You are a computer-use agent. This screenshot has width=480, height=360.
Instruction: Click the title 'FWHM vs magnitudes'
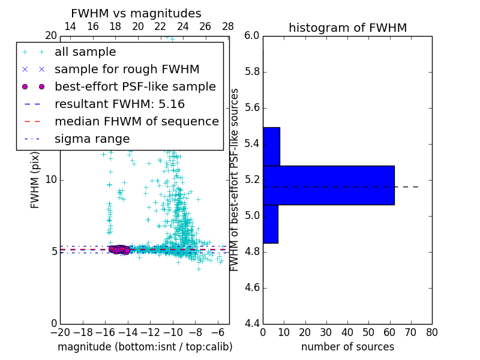pyautogui.click(x=136, y=14)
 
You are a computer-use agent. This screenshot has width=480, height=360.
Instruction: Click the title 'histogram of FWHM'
pyautogui.click(x=347, y=28)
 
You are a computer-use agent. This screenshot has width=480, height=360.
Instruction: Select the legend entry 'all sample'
pyautogui.click(x=85, y=52)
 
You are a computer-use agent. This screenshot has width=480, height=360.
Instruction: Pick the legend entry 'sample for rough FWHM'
pyautogui.click(x=127, y=70)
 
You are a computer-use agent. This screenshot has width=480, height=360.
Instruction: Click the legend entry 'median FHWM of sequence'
pyautogui.click(x=136, y=122)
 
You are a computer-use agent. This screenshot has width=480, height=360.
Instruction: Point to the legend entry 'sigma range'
pyautogui.click(x=92, y=139)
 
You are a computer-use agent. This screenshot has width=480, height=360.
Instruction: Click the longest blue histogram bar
pyautogui.click(x=328, y=185)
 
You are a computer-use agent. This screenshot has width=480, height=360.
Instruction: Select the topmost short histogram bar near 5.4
pyautogui.click(x=271, y=146)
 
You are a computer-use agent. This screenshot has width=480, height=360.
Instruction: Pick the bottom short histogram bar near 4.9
pyautogui.click(x=270, y=224)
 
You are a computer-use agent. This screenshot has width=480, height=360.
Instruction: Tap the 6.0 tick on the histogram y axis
pyautogui.click(x=252, y=36)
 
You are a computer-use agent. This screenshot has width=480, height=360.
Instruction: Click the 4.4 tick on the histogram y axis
pyautogui.click(x=252, y=323)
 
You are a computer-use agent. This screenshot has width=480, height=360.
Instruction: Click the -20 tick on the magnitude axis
pyautogui.click(x=60, y=332)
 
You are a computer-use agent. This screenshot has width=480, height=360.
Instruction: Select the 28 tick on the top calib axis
pyautogui.click(x=228, y=26)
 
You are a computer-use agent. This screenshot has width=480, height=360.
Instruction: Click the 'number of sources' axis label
pyautogui.click(x=347, y=347)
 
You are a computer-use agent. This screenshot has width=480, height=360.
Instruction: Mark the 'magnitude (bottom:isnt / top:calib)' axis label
pyautogui.click(x=145, y=347)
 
